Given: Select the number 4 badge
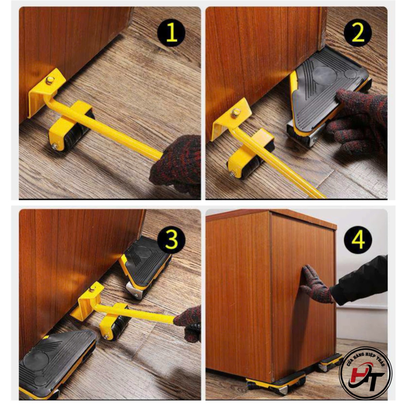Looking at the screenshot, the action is pos(358,240).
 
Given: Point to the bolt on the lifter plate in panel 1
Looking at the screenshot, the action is pos(49,80).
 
